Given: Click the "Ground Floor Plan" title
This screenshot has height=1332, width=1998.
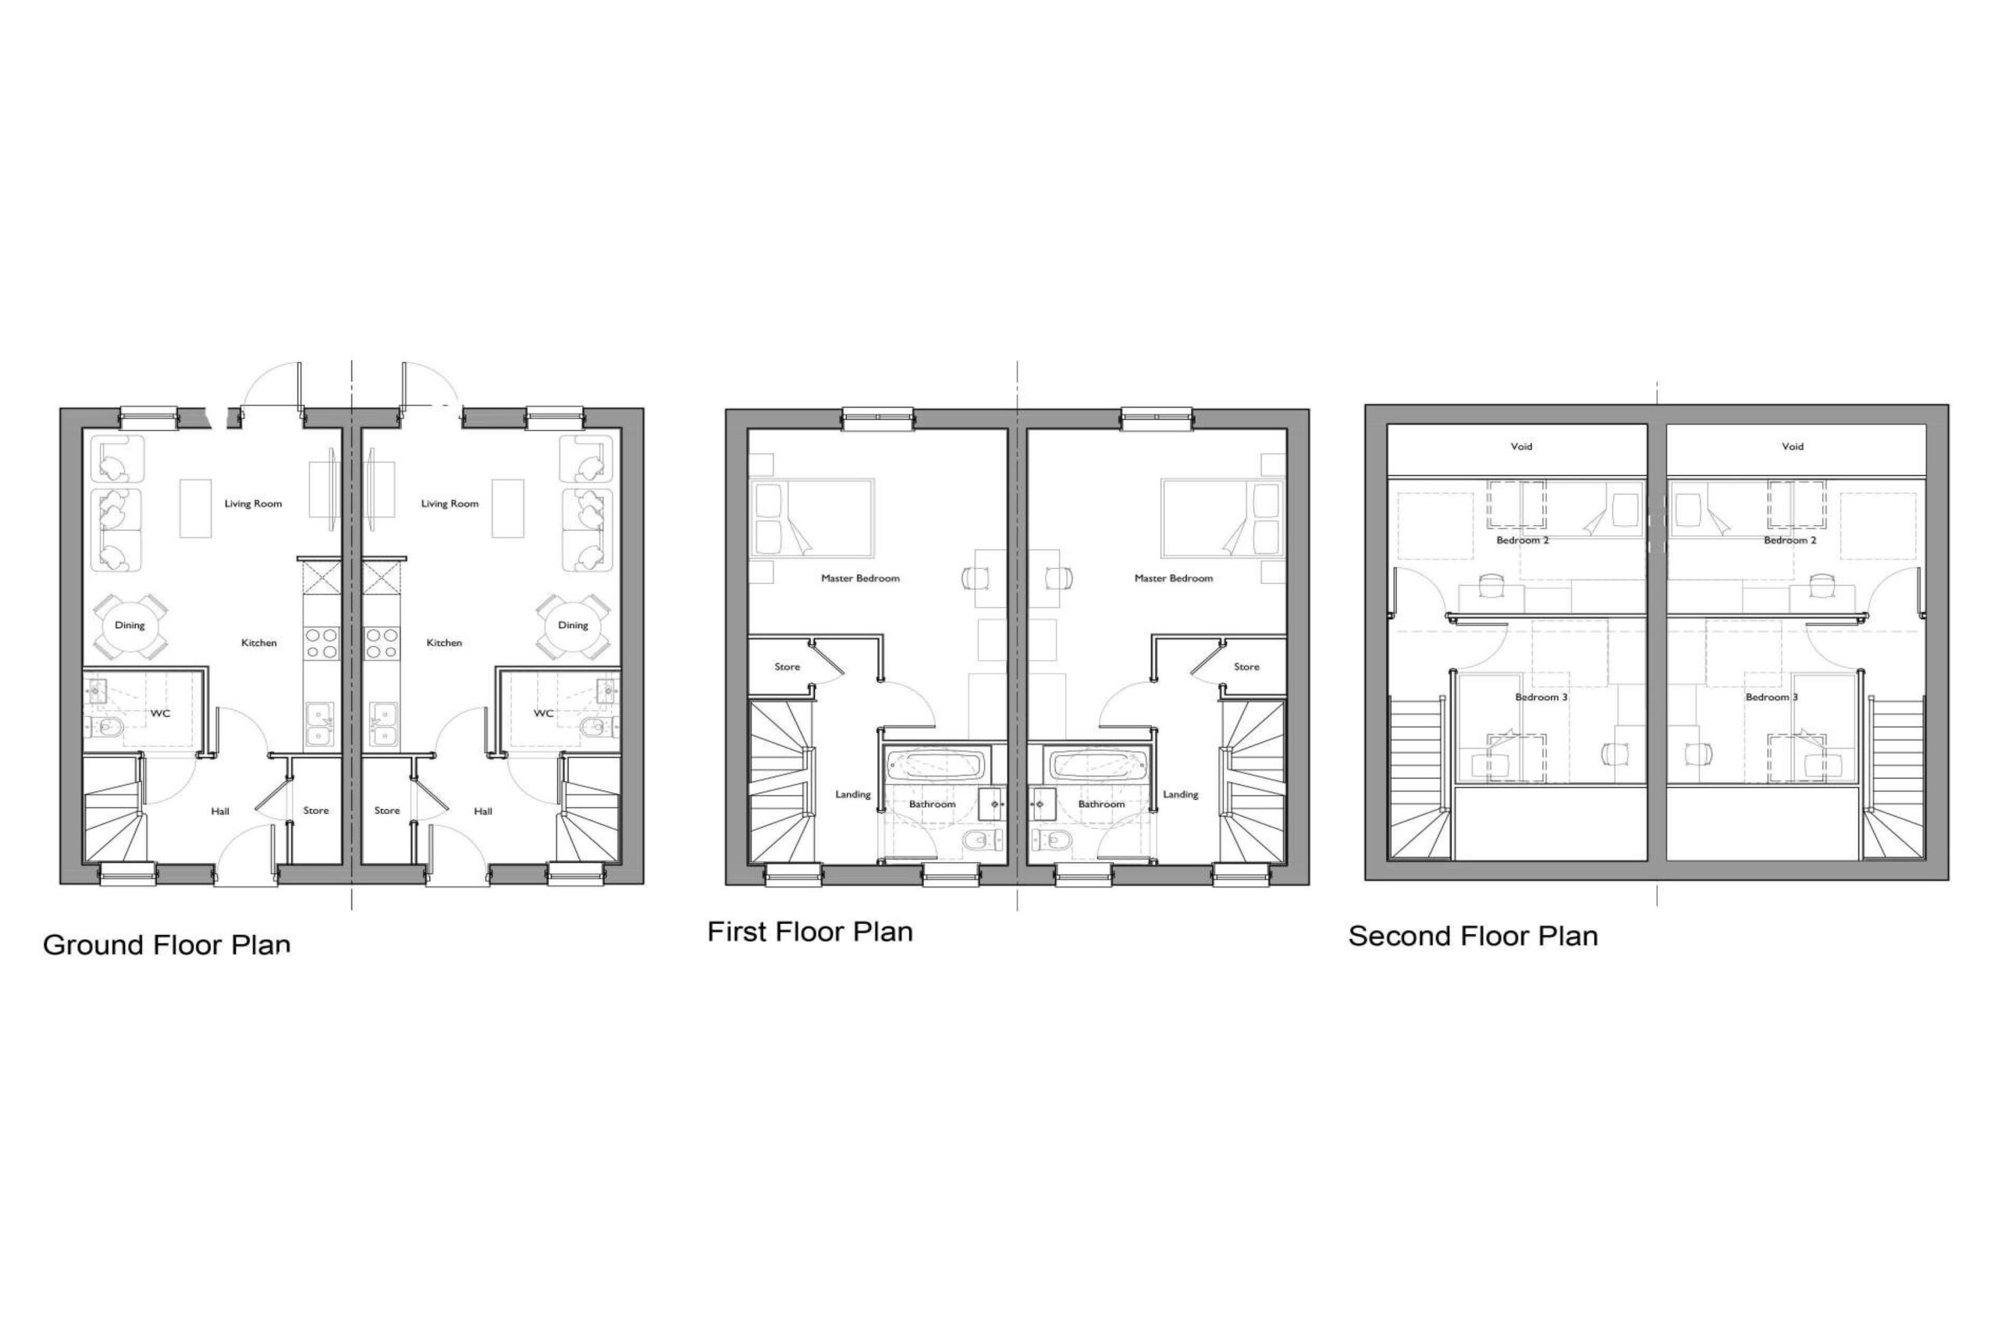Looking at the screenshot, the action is pyautogui.click(x=166, y=945).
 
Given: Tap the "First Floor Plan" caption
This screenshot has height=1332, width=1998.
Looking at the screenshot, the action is pyautogui.click(x=809, y=932).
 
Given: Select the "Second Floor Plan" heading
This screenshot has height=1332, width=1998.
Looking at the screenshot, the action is pyautogui.click(x=1473, y=936).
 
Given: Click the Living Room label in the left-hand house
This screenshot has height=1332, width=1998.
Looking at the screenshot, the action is pyautogui.click(x=253, y=504).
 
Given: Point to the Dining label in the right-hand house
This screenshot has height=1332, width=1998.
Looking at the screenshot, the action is pyautogui.click(x=573, y=625).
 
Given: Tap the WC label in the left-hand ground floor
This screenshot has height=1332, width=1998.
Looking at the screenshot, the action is pyautogui.click(x=160, y=713).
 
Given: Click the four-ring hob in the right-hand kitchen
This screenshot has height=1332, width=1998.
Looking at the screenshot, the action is pyautogui.click(x=382, y=643).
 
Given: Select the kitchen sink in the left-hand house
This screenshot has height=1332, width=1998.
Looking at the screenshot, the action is pyautogui.click(x=321, y=724).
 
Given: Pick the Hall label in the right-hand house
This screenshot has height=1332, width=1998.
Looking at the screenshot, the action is pyautogui.click(x=483, y=812).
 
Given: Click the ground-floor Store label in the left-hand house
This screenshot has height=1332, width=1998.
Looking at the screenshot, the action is pyautogui.click(x=316, y=811).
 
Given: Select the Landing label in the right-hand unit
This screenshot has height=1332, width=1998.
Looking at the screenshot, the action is pyautogui.click(x=1180, y=795).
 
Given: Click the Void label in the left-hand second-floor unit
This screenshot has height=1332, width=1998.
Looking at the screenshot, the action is pyautogui.click(x=1521, y=446).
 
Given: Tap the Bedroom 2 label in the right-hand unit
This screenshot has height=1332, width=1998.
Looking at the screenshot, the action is pyautogui.click(x=1790, y=540).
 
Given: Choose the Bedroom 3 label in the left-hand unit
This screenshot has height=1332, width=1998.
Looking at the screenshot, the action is pyautogui.click(x=1542, y=698).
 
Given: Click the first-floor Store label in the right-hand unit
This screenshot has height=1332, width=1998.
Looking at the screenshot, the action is pyautogui.click(x=1246, y=667).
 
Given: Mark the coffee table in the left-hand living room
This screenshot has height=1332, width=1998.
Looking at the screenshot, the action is pyautogui.click(x=195, y=508).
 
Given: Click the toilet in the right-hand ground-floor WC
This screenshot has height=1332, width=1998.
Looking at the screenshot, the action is pyautogui.click(x=597, y=727).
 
